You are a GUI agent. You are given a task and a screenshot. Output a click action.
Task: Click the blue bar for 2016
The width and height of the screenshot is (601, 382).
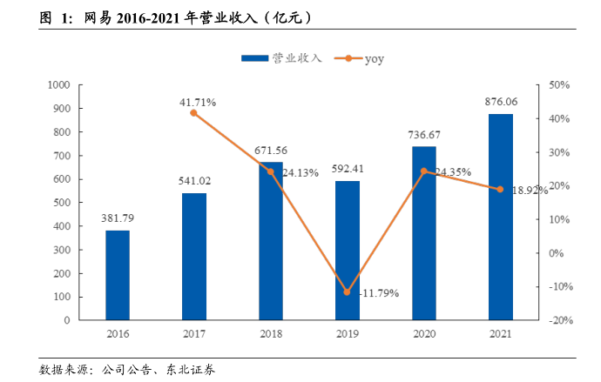pyautogui.click(x=118, y=275)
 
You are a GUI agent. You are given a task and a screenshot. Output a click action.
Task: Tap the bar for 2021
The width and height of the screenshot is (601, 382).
pyautogui.click(x=501, y=217)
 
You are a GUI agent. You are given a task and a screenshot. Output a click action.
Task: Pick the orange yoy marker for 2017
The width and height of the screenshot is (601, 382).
pyautogui.click(x=193, y=113)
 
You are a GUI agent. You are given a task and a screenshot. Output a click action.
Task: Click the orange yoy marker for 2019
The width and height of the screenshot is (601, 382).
pyautogui.click(x=348, y=292)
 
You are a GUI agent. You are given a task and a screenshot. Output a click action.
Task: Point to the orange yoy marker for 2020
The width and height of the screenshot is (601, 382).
pyautogui.click(x=424, y=171)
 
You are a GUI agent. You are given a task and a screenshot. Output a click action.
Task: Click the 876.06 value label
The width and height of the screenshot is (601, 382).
pyautogui.click(x=501, y=103)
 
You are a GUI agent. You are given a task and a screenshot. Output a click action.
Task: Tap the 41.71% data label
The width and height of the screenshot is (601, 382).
pyautogui.click(x=198, y=102)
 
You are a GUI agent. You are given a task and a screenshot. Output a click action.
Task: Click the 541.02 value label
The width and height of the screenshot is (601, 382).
pyautogui.click(x=194, y=181)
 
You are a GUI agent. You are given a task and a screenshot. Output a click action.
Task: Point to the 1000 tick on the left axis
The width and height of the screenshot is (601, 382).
pyautogui.click(x=59, y=85)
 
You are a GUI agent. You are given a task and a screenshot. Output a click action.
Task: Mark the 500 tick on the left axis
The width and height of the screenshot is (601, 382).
pyautogui.click(x=62, y=203)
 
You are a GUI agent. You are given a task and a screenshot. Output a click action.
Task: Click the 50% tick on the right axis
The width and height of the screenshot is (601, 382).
pyautogui.click(x=558, y=85)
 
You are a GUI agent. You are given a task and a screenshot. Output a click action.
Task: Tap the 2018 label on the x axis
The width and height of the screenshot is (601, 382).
pyautogui.click(x=271, y=334)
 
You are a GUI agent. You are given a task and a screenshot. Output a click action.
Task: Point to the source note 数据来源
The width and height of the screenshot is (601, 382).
pyautogui.click(x=127, y=370)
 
